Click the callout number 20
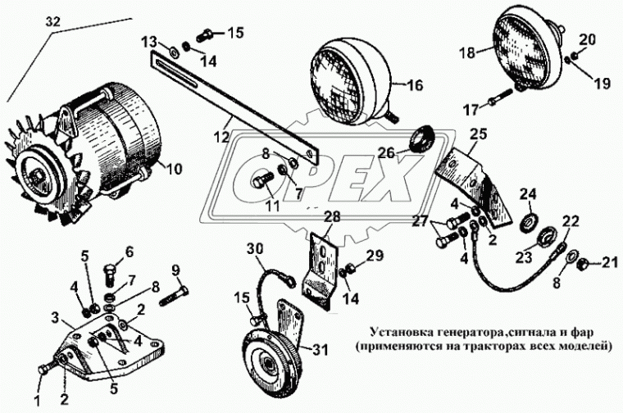tap(588, 39)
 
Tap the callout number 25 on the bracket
tap(478, 133)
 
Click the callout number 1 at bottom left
tap(37, 379)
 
